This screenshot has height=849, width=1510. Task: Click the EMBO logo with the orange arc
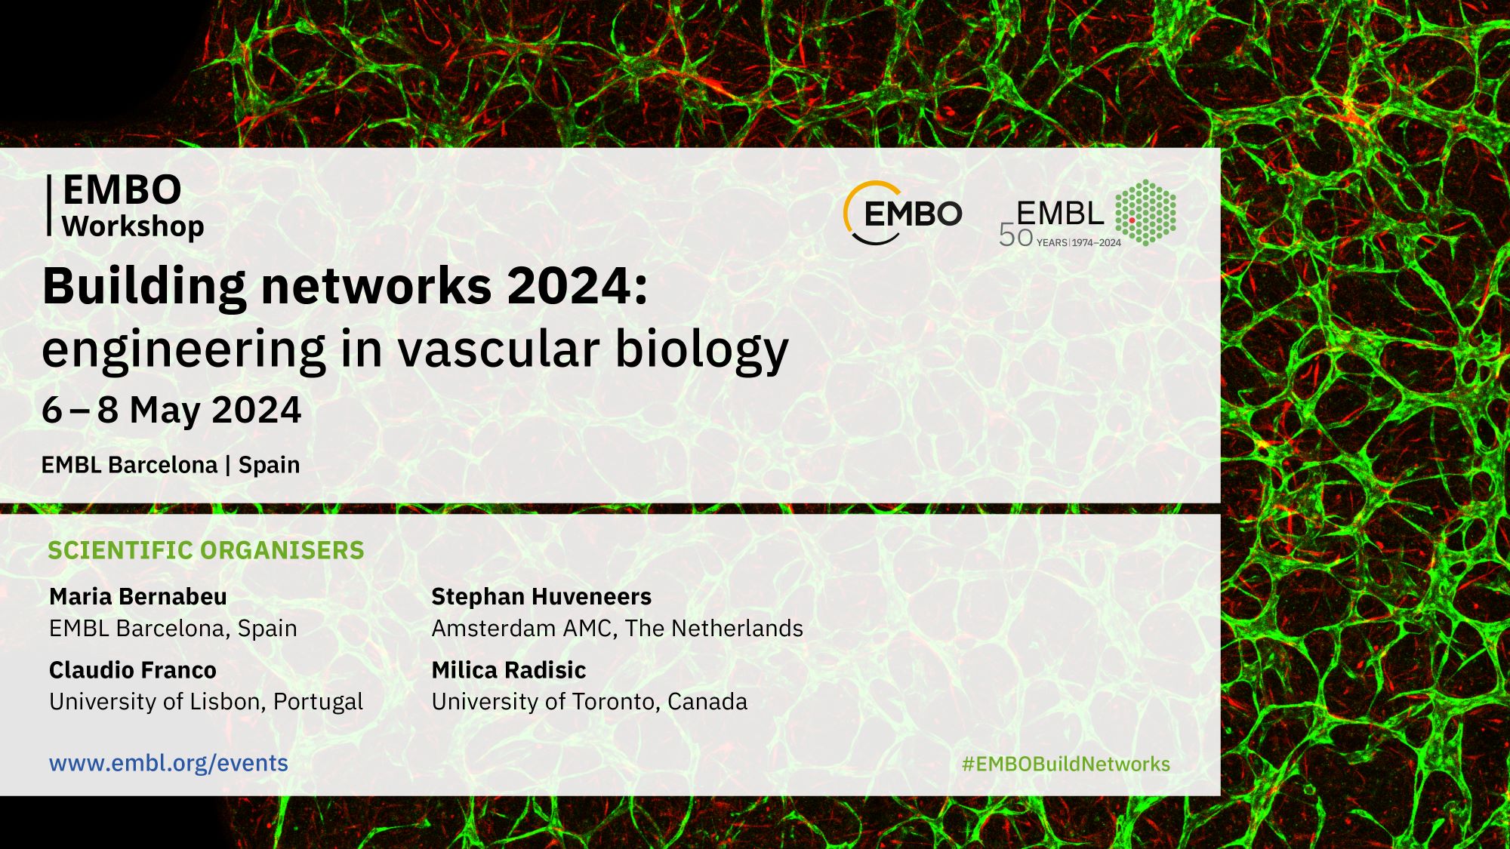pyautogui.click(x=903, y=214)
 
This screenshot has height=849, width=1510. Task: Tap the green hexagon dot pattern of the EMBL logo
pyautogui.click(x=1145, y=213)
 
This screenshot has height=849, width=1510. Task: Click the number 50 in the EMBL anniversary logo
pyautogui.click(x=1015, y=236)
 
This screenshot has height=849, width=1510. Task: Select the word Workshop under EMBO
pyautogui.click(x=133, y=226)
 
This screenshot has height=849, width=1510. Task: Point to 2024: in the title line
pyautogui.click(x=578, y=286)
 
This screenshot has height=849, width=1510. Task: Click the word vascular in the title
pyautogui.click(x=498, y=349)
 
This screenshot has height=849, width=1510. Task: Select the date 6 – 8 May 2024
pyautogui.click(x=171, y=410)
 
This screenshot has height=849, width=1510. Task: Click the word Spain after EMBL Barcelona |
pyautogui.click(x=269, y=465)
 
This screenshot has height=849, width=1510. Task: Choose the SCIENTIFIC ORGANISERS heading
pyautogui.click(x=206, y=550)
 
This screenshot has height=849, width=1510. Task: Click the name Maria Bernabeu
pyautogui.click(x=137, y=596)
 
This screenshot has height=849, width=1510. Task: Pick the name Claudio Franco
pyautogui.click(x=133, y=669)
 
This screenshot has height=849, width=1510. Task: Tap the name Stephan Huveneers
pyautogui.click(x=541, y=596)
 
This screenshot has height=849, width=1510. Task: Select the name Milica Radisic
pyautogui.click(x=509, y=669)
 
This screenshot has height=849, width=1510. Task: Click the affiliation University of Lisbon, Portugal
pyautogui.click(x=206, y=702)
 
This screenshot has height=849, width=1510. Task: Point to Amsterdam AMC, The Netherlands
pyautogui.click(x=618, y=628)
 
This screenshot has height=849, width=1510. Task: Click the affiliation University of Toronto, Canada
pyautogui.click(x=590, y=702)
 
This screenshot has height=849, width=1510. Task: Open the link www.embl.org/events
pyautogui.click(x=168, y=763)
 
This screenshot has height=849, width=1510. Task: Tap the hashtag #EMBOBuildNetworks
pyautogui.click(x=1066, y=764)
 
